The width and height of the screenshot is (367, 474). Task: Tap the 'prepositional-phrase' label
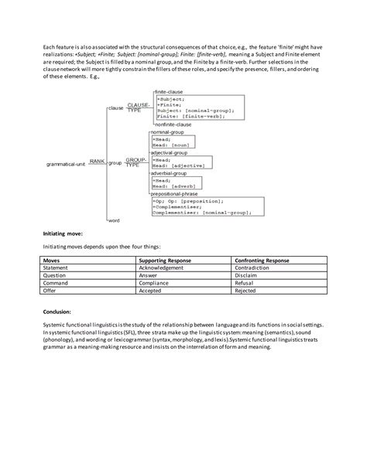click(x=180, y=193)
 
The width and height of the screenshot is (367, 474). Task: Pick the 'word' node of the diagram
click(x=113, y=221)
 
